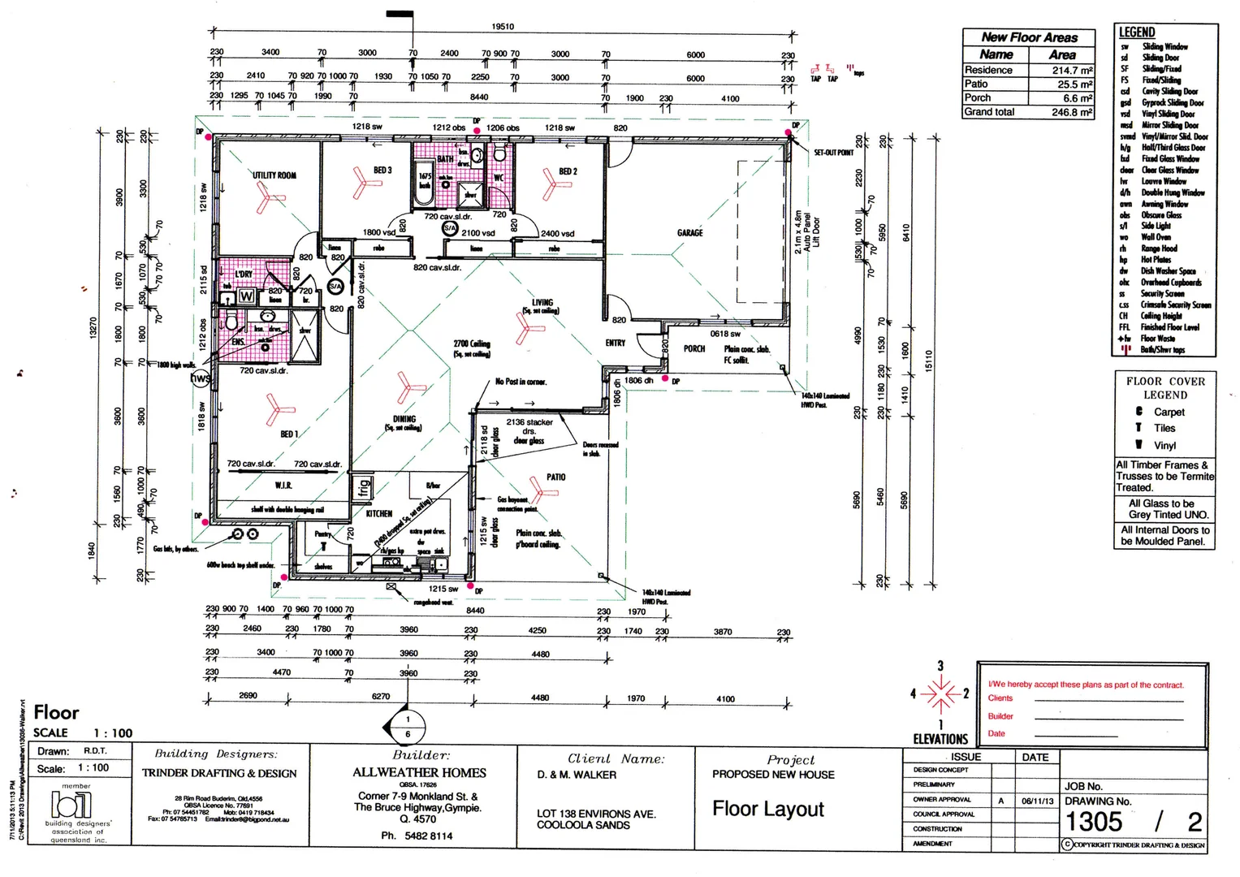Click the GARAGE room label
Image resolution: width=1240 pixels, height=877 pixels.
click(x=689, y=233)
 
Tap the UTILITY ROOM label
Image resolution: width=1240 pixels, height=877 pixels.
click(x=274, y=175)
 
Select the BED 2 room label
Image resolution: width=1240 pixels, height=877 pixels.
click(x=568, y=172)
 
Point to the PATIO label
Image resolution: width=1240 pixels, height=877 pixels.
click(x=555, y=477)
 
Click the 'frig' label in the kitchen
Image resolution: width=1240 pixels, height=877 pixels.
click(x=364, y=487)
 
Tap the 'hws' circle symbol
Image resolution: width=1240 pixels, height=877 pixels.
click(x=200, y=378)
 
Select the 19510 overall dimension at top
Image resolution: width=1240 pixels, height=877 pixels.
click(x=502, y=27)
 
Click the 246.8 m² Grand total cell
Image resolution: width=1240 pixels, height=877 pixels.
click(x=1072, y=113)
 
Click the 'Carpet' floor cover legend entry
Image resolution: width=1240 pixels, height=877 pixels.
click(x=1169, y=413)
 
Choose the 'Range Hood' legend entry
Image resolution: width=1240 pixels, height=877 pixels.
click(x=1159, y=249)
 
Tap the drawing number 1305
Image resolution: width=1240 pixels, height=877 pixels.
click(x=1093, y=822)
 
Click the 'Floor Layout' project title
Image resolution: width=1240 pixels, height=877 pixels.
click(x=767, y=809)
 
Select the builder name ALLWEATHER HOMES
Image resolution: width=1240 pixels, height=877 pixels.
click(x=419, y=773)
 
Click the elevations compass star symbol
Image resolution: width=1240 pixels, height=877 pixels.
click(x=940, y=694)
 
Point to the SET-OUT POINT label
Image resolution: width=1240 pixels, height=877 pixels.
click(x=833, y=153)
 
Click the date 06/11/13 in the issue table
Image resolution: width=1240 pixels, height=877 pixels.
click(x=1037, y=801)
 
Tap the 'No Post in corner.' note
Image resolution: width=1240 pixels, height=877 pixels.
click(x=521, y=382)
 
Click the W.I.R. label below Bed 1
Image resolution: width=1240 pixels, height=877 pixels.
click(x=283, y=486)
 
